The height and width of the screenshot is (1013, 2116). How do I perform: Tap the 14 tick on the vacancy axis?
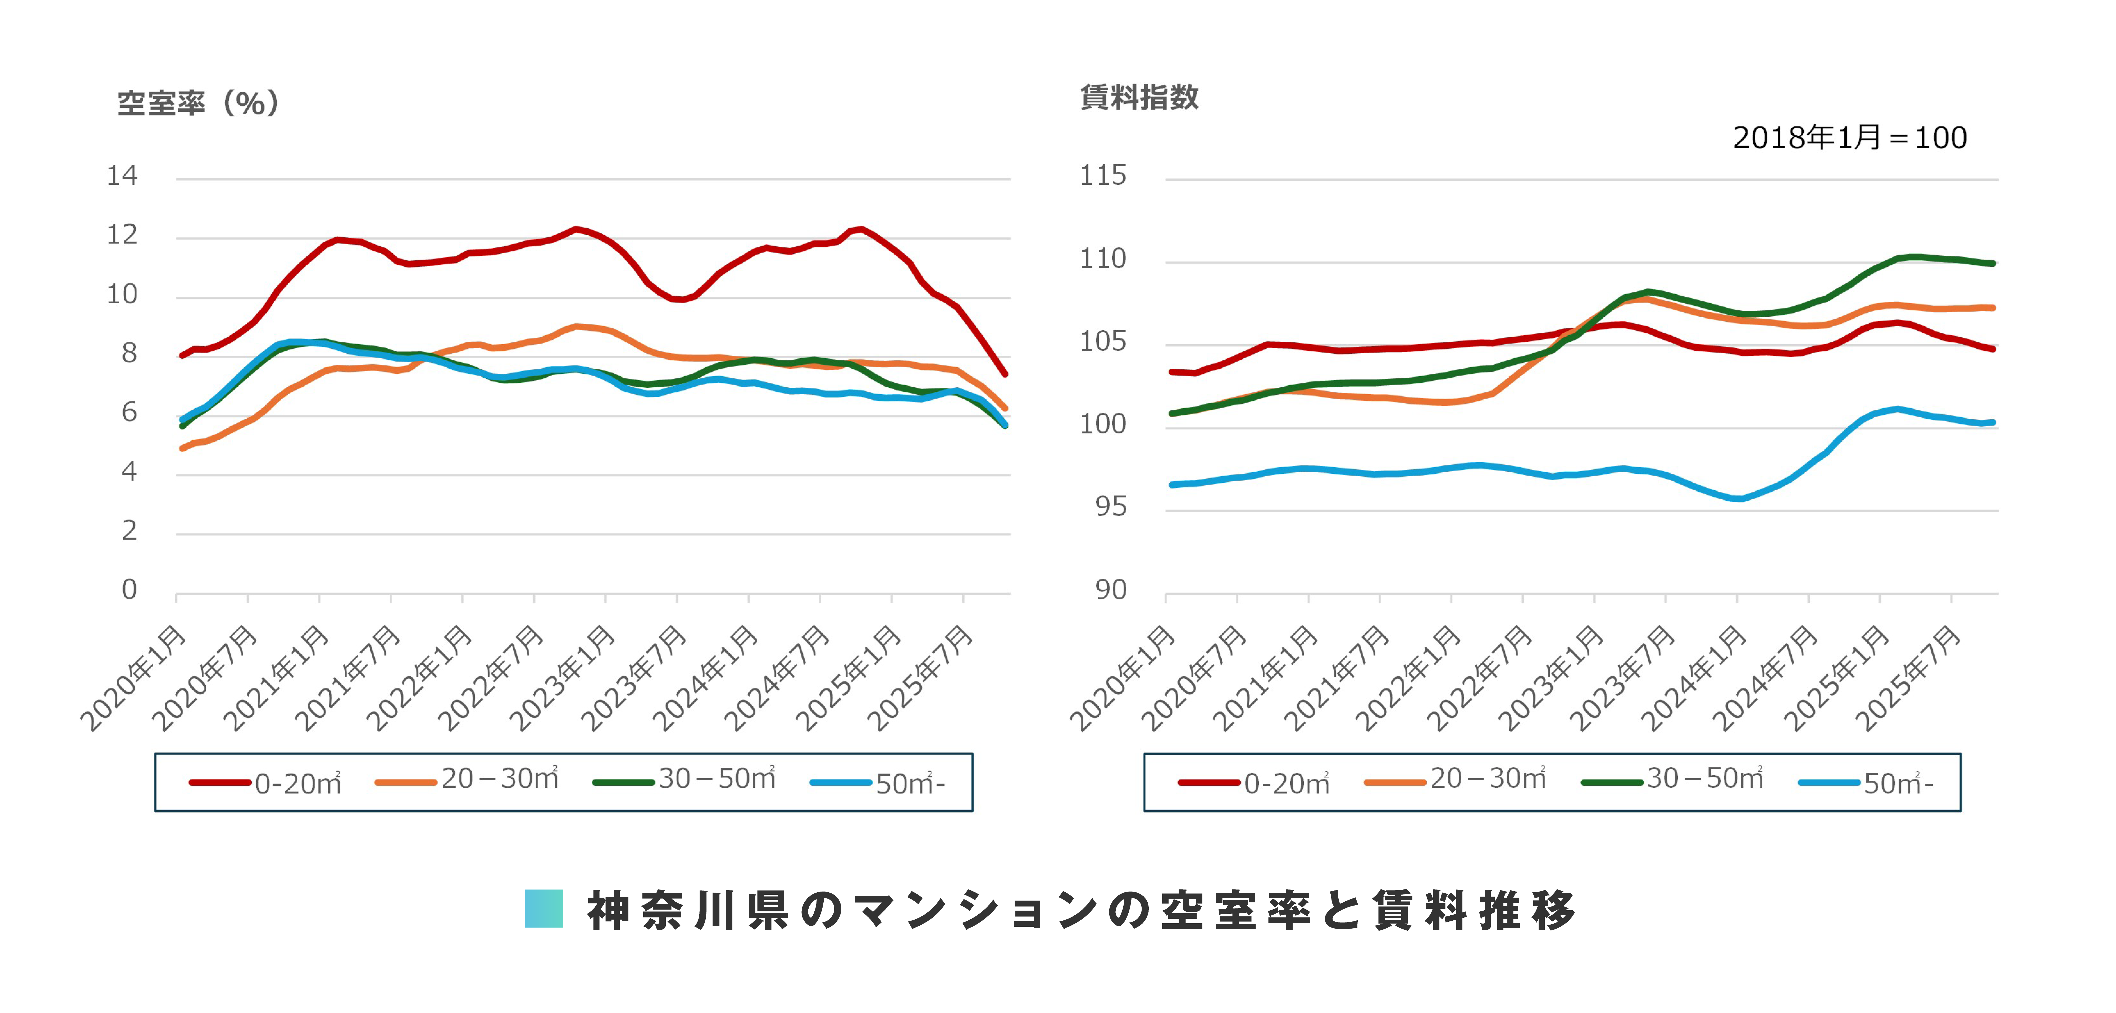pos(122,176)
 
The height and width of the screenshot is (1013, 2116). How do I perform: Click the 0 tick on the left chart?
pos(129,590)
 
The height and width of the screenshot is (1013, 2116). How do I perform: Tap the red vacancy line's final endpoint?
pos(1005,374)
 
